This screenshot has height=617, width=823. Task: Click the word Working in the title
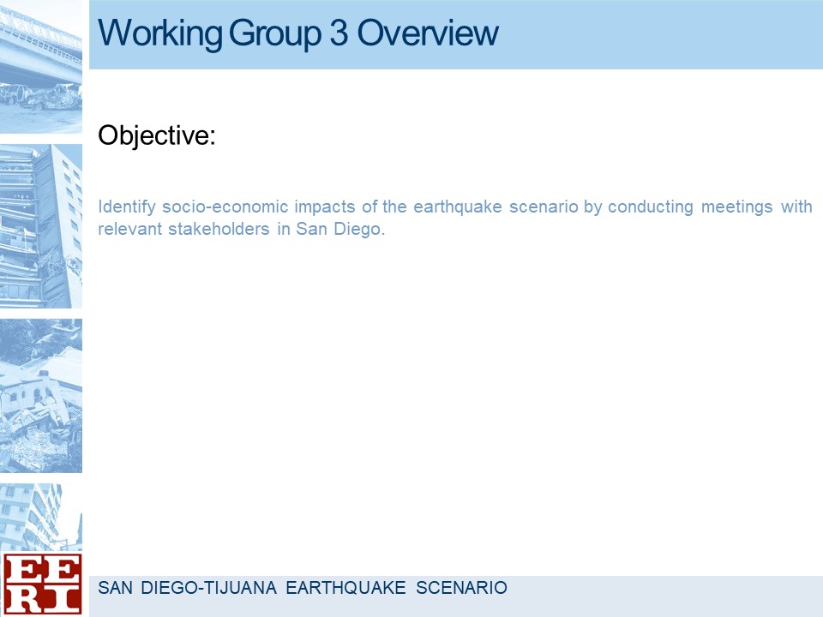[x=160, y=34]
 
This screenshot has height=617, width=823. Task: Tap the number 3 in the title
[x=339, y=33]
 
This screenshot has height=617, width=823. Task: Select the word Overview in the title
[x=428, y=33]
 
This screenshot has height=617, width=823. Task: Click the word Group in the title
[x=274, y=34]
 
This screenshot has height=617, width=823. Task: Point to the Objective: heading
[x=157, y=136]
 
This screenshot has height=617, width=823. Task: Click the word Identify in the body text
[x=127, y=207]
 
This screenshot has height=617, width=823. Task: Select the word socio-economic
[x=225, y=207]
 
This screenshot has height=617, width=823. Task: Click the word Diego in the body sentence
[x=359, y=230]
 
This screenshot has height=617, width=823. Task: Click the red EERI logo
[x=42, y=584]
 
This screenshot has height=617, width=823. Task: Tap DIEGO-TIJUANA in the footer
[x=209, y=588]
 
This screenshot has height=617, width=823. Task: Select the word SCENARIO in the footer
[x=461, y=588]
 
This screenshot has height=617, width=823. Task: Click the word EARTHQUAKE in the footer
[x=345, y=588]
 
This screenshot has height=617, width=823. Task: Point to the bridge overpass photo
[x=41, y=67]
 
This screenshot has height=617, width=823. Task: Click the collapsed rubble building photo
[x=41, y=396]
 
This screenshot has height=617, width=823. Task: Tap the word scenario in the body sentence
[x=544, y=207]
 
